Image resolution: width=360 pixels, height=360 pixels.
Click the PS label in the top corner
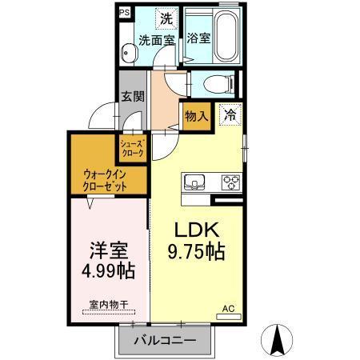tap(124, 13)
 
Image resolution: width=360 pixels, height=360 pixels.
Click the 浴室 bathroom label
tap(198, 37)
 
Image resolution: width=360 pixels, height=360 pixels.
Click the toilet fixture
tap(217, 82)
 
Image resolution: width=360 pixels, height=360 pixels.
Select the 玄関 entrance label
tap(132, 96)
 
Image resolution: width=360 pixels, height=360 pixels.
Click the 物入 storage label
tap(197, 116)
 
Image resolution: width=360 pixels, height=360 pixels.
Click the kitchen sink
tap(194, 181)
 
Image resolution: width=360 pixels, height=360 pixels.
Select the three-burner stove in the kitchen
tap(230, 181)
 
